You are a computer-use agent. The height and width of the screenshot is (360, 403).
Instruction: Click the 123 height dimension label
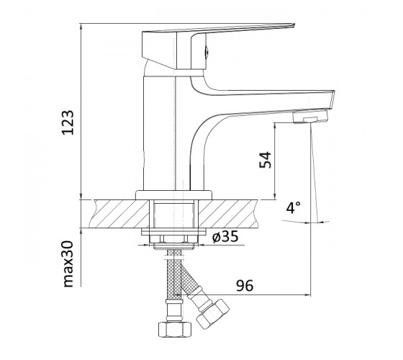(x=68, y=122)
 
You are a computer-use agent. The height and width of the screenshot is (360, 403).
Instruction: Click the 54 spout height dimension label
(x=265, y=160)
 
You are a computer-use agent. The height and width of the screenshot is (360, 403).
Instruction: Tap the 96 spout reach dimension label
(x=245, y=285)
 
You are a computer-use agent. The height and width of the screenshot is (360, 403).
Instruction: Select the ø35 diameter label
(x=225, y=236)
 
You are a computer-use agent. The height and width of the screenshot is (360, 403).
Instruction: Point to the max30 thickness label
(x=68, y=264)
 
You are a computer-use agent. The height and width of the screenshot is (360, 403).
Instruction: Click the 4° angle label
(x=294, y=208)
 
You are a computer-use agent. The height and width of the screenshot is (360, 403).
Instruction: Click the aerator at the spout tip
(x=310, y=116)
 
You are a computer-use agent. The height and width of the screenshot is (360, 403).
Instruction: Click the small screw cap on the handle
(x=206, y=52)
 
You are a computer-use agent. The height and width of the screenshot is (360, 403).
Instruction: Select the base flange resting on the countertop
(x=174, y=195)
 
